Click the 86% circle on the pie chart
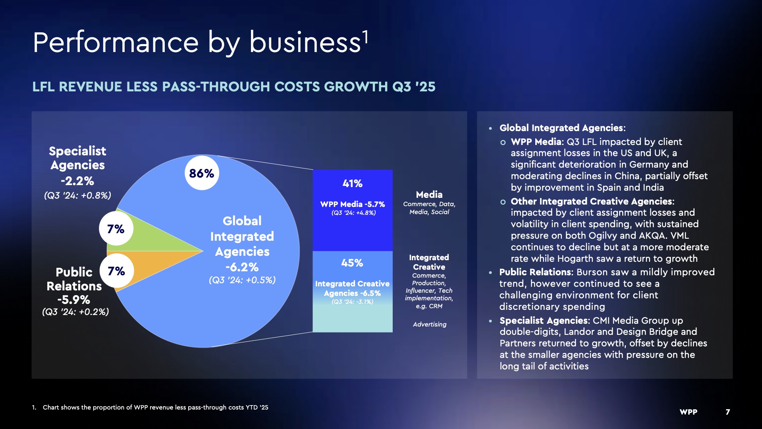coord(202,173)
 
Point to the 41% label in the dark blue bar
coord(353,184)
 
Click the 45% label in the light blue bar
coord(352,263)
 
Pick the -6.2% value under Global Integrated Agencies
coord(242,267)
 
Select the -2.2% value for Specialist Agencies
coord(77,181)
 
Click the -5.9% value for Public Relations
coord(74,300)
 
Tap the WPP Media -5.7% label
coord(353,204)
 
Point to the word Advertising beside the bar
coord(430,325)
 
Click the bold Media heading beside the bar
coord(429,195)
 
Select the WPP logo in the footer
coord(689,412)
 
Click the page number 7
coord(728,412)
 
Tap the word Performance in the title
coord(116,43)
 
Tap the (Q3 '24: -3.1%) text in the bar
coord(353,302)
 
